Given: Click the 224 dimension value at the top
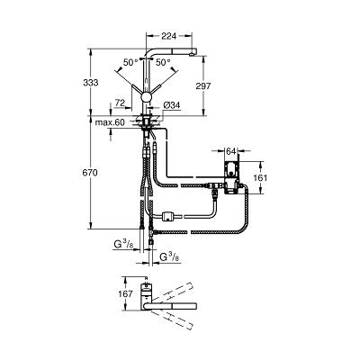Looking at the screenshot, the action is coord(168,36).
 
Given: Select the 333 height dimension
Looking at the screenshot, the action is coord(91,83).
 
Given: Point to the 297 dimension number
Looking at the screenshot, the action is coord(203,86).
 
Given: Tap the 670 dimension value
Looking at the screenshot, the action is coord(91,173).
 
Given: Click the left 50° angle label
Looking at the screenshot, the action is coord(130,62).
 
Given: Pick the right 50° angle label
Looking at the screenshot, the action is coord(163,62).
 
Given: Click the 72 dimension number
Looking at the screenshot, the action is coord(120,103).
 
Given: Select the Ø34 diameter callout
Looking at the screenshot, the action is coord(172,105).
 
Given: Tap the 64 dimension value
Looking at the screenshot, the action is coord(230,151).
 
